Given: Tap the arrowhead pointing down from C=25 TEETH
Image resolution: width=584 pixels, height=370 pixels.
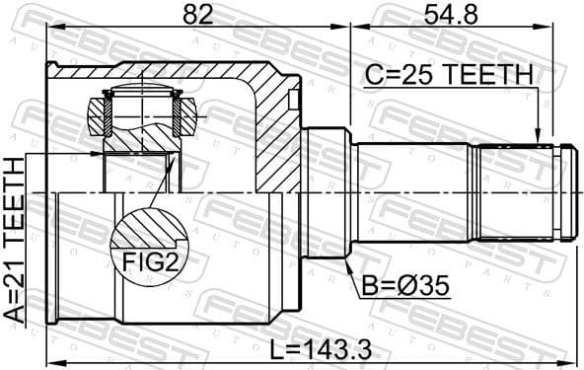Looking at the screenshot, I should (x=539, y=137).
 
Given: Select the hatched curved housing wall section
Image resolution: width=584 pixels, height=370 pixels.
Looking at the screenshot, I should (x=271, y=128).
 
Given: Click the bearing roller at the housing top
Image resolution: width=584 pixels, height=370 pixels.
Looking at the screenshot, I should (x=143, y=109).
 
